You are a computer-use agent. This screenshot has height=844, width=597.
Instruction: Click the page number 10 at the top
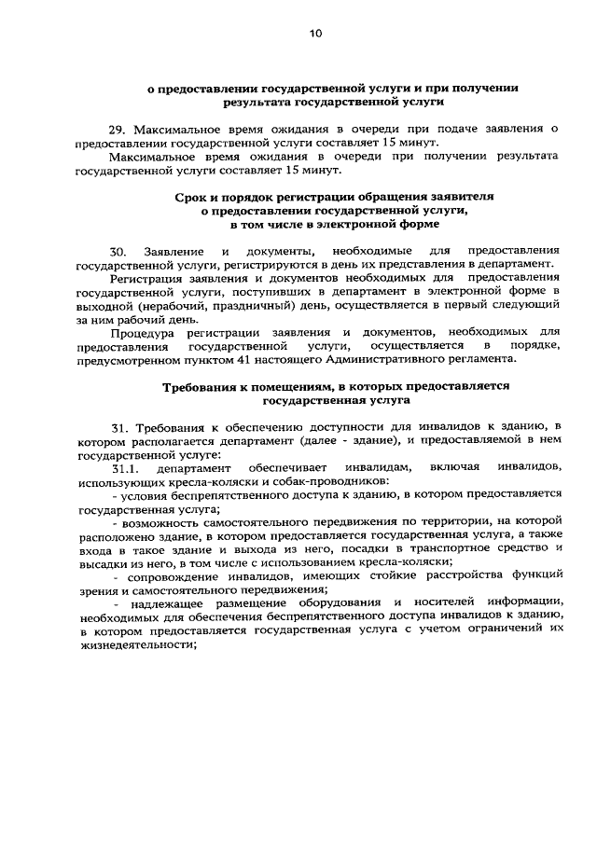click(x=315, y=35)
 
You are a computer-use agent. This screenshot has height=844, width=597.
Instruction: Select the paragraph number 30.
click(x=117, y=252)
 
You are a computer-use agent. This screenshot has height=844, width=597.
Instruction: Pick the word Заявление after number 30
click(x=175, y=252)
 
